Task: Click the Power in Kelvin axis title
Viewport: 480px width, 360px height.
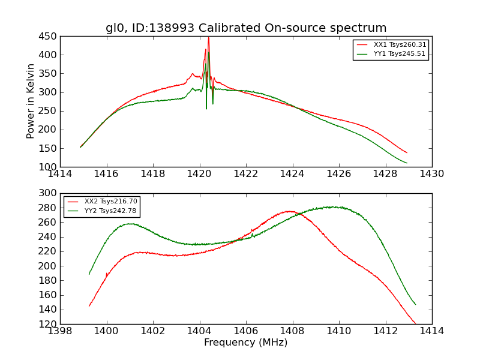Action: coord(31,101)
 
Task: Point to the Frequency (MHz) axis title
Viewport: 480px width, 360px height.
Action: coord(246,343)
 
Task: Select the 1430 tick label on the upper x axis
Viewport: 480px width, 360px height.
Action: coord(431,174)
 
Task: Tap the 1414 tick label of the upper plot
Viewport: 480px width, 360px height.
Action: coord(61,174)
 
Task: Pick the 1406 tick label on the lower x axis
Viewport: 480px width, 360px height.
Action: coord(246,331)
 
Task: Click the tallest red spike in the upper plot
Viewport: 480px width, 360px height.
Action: coord(209,38)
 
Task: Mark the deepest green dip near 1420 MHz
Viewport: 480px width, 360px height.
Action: coord(206,108)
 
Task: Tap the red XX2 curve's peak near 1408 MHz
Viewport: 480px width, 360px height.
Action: coord(289,211)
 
